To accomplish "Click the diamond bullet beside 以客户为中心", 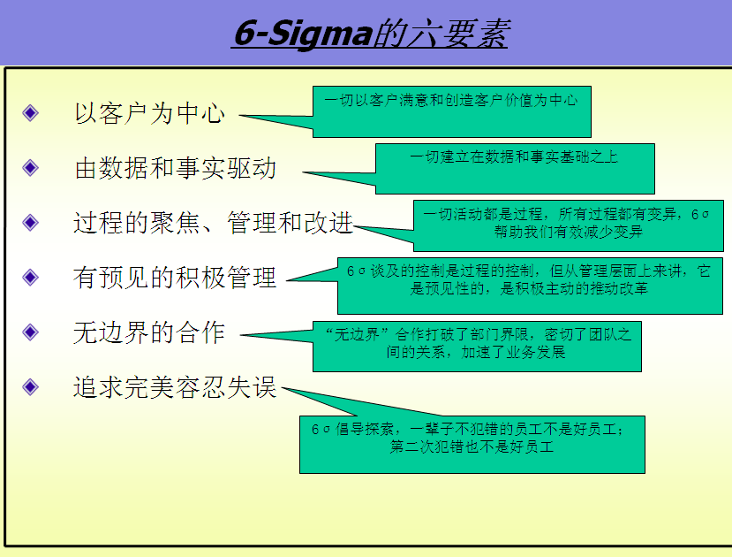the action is (30, 112).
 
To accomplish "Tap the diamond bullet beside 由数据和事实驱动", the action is (30, 167).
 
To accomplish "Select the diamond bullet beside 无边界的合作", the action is (30, 332).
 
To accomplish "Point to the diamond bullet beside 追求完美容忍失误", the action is (30, 386).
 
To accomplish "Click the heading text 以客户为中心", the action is (149, 113).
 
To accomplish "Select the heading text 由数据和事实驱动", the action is (175, 168).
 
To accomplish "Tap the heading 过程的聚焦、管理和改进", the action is (213, 223).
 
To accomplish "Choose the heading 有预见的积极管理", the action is (175, 277).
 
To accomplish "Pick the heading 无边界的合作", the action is (149, 332).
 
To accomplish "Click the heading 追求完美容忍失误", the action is (175, 387).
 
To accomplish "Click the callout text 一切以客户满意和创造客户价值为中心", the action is (451, 100).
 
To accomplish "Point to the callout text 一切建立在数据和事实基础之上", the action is (514, 156).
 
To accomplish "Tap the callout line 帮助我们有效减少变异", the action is (569, 232).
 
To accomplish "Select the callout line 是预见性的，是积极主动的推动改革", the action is (529, 288).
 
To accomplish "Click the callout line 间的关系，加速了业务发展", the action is (476, 352).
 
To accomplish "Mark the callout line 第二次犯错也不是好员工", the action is (472, 446).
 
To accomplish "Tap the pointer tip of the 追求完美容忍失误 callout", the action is (282, 388).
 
